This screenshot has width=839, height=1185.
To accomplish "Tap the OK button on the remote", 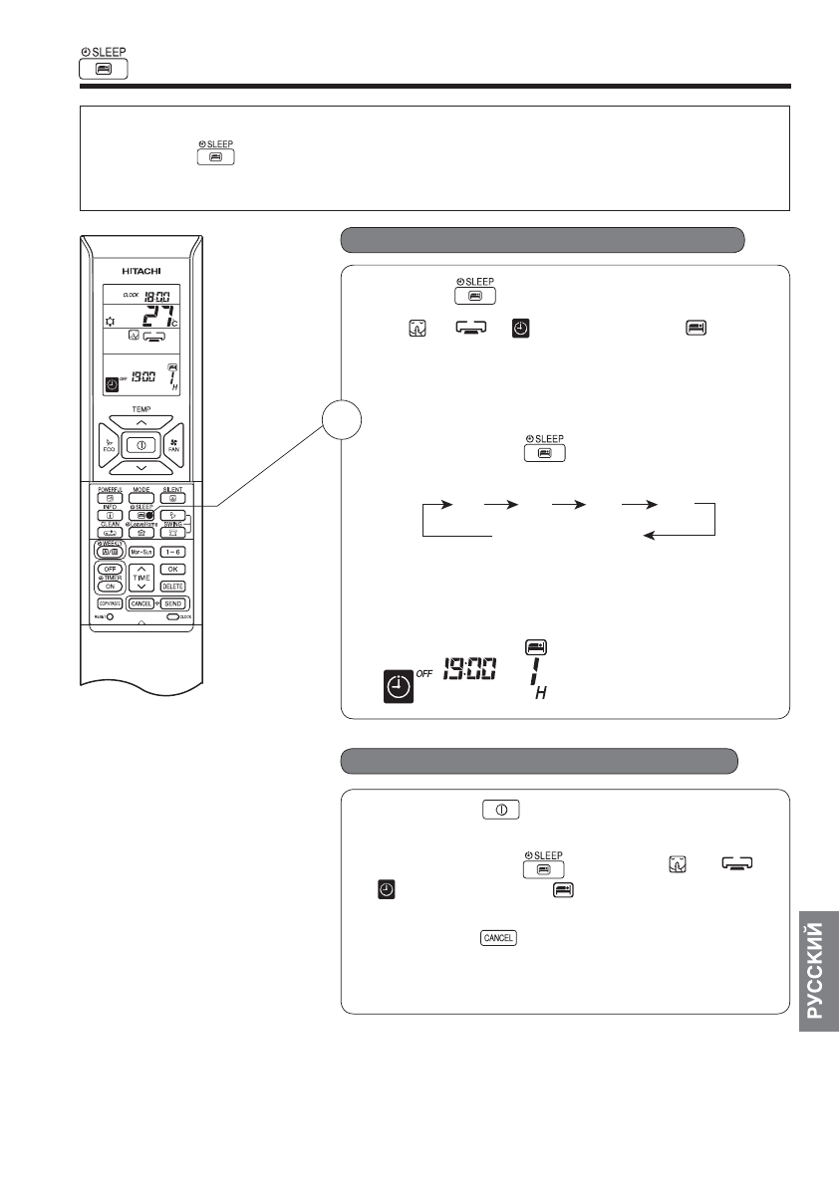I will point(173,569).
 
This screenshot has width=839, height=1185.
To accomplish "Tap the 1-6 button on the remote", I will point(173,551).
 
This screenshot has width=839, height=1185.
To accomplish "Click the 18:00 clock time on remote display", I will point(156,295).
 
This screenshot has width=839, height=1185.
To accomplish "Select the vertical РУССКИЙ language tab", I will point(816,971).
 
